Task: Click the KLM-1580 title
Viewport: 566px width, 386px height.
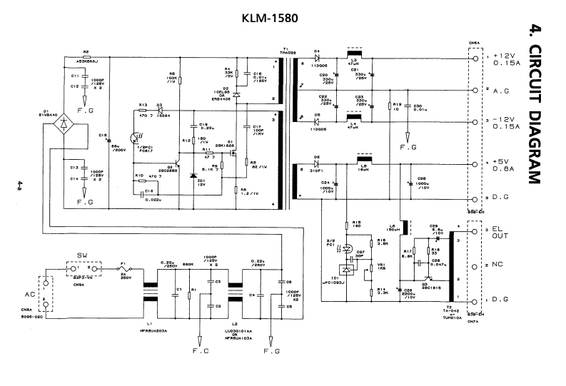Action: click(x=269, y=16)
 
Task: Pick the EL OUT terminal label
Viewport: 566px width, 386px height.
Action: click(x=500, y=235)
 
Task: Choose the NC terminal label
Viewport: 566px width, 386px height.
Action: click(x=497, y=265)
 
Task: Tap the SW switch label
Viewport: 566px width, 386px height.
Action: click(x=81, y=253)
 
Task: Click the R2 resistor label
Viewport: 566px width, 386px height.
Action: click(x=86, y=51)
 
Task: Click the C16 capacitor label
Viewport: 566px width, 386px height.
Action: click(x=102, y=134)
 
